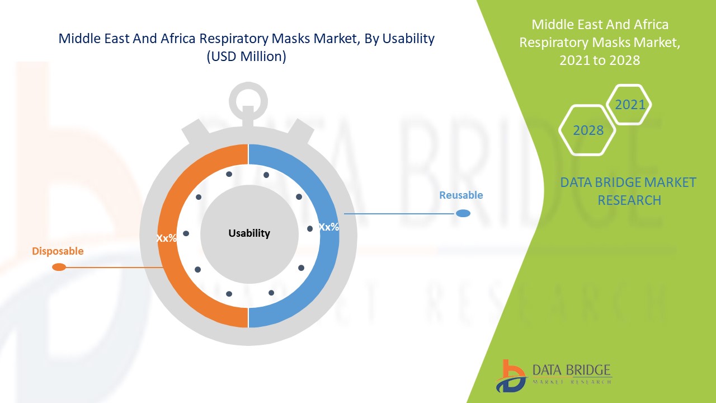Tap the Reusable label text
(x=460, y=195)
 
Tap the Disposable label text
(x=58, y=251)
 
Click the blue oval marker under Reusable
(x=463, y=213)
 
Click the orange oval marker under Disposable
(x=59, y=268)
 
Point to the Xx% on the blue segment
(x=329, y=227)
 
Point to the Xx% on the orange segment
(x=166, y=238)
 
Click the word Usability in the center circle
(x=249, y=233)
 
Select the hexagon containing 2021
(x=629, y=105)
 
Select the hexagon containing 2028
(x=588, y=130)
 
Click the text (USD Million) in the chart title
(x=246, y=57)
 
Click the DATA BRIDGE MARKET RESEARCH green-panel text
(x=629, y=191)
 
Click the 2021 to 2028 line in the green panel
(x=599, y=60)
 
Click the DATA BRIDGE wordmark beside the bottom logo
(x=572, y=370)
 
